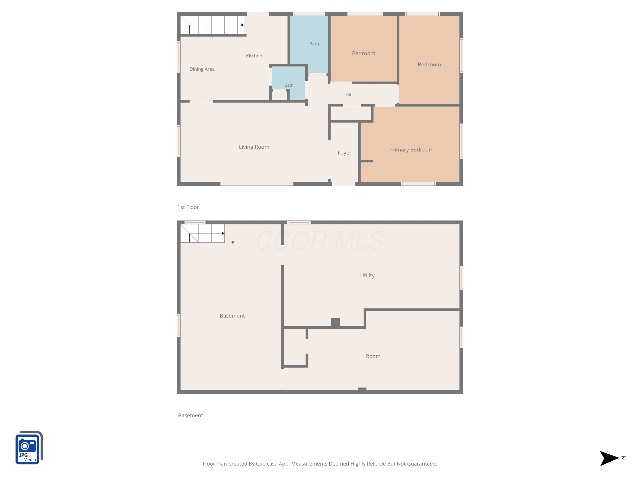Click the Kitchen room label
pos(254,56)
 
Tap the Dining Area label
pos(202,69)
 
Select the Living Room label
pos(254,147)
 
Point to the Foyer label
pos(344,153)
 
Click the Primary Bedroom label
pos(411,150)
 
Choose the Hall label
pos(349,94)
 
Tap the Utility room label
pos(367,275)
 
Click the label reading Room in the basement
pos(373,356)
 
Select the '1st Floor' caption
pos(188,207)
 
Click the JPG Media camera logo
pos(29,447)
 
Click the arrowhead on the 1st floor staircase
pos(243,25)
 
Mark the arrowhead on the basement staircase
pos(223,233)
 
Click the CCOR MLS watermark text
pos(320,241)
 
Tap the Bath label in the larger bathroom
pos(314,44)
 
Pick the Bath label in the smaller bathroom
pos(289,85)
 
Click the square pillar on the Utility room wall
pos(335,323)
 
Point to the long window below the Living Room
pos(257,184)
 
